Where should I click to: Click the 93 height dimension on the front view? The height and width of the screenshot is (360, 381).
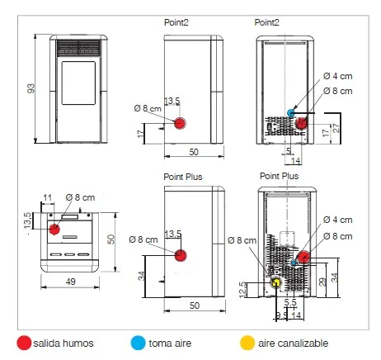(31, 88)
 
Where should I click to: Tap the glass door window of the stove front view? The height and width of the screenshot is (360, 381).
(78, 83)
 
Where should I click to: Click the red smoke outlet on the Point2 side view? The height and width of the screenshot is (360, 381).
(180, 123)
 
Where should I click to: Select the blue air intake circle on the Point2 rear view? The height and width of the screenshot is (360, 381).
(291, 113)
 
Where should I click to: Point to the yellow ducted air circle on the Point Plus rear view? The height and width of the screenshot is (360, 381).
(276, 282)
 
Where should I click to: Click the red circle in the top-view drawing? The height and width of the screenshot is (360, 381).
(54, 229)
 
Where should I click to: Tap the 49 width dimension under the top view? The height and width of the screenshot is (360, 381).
(71, 282)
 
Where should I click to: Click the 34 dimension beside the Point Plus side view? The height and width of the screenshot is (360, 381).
(141, 276)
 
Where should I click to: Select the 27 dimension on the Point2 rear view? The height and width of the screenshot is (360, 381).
(336, 128)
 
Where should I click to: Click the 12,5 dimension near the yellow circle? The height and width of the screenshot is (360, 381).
(243, 290)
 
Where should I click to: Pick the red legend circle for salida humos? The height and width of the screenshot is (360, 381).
(24, 343)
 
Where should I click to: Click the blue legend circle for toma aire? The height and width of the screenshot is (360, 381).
(138, 343)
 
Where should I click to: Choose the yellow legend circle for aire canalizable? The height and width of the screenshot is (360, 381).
(247, 343)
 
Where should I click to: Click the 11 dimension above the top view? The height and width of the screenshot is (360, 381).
(47, 197)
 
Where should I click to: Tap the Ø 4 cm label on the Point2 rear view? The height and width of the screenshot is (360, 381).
(337, 76)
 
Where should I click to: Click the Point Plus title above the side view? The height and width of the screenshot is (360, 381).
(183, 177)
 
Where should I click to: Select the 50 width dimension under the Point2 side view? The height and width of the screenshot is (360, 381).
(194, 152)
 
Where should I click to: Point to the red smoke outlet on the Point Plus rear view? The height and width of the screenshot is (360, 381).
(303, 258)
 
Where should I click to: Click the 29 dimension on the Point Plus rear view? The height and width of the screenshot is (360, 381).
(322, 282)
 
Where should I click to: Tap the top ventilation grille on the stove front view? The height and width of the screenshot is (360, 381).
(78, 48)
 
